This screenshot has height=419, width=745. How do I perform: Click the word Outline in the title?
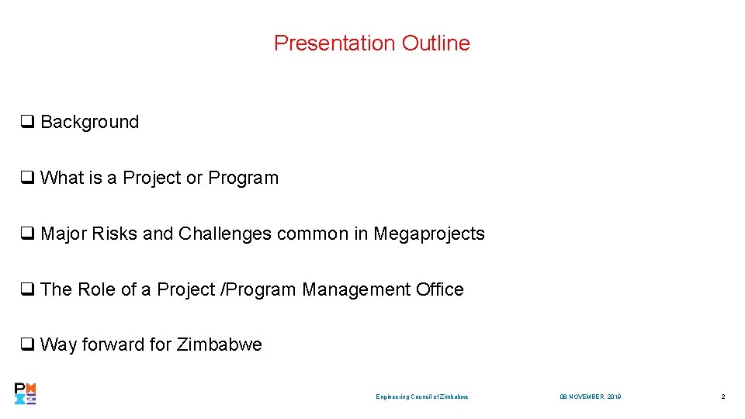coord(435,43)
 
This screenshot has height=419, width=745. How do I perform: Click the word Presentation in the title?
coord(335,43)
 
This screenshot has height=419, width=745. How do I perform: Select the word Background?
coord(89,122)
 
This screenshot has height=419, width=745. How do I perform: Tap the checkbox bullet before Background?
coord(26,122)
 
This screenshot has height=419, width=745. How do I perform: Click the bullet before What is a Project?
coord(26,178)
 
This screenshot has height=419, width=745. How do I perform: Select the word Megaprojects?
coord(429,234)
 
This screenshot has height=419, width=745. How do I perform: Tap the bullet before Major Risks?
coord(26,234)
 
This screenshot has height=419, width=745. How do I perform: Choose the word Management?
coord(355,289)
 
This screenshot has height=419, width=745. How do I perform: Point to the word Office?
coord(439,289)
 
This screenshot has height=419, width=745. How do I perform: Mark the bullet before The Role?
coord(26,289)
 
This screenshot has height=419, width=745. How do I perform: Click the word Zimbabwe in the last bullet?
coord(220,345)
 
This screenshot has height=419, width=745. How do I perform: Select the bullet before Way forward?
coord(26,345)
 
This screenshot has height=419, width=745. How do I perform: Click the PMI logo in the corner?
coord(26,394)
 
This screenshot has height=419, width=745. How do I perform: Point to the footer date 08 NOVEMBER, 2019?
coord(590,397)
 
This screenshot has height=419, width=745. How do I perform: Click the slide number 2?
coord(722,397)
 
